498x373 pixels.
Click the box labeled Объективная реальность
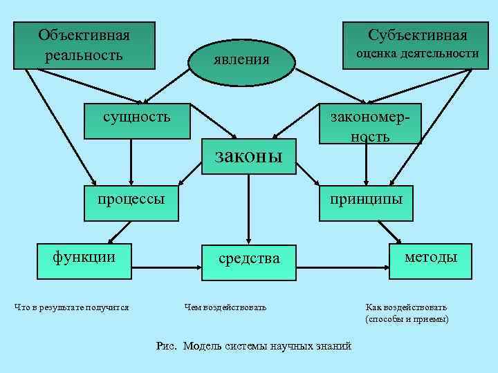click(84, 45)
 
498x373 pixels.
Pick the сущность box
click(136, 115)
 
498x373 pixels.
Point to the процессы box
click(131, 200)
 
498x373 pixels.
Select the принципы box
click(366, 200)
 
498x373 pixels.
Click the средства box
click(249, 260)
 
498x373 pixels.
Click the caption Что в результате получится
click(72, 307)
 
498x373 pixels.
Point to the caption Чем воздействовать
click(225, 307)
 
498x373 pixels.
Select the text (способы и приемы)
click(407, 319)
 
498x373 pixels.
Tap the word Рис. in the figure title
click(168, 346)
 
